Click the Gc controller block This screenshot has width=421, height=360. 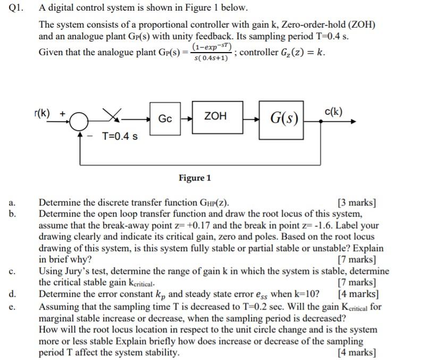pos(165,118)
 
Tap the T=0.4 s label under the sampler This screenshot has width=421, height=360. pos(120,136)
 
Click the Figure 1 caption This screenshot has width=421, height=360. pos(195,177)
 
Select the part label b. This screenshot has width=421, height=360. pos(12,214)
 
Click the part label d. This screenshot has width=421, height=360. pos(12,294)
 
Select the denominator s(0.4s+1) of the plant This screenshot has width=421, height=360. pos(212,58)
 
